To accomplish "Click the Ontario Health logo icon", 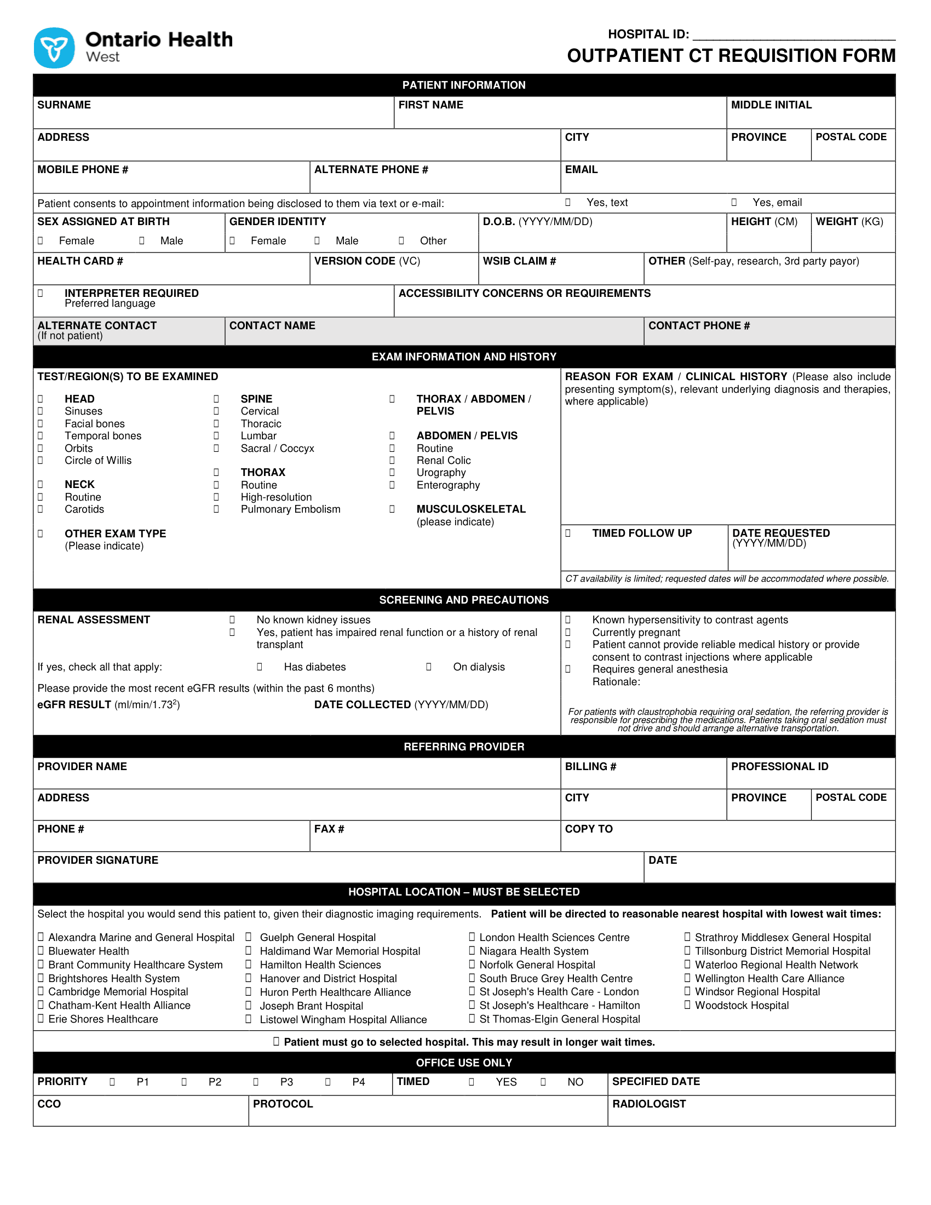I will [54, 48].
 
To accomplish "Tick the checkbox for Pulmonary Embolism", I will [216, 509].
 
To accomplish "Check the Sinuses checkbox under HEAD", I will [41, 411].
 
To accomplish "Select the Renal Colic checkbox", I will [392, 460].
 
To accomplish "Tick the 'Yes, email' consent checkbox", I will [734, 203].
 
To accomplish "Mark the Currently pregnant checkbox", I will [568, 632].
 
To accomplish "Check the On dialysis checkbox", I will [429, 667].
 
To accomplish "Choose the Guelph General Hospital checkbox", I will [249, 937].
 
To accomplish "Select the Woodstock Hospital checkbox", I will [687, 1005].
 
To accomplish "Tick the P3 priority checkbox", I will [256, 1081].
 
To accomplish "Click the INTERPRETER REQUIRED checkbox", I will [41, 293].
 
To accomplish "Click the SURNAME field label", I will [64, 105].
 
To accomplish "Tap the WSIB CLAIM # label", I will [519, 261].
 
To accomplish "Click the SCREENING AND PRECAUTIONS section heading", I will [464, 600].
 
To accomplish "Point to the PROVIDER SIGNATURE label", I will [97, 860].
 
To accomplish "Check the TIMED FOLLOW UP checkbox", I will [568, 533].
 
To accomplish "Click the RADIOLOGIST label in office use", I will [648, 1104].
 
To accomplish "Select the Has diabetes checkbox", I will [259, 667].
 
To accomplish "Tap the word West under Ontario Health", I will [102, 58].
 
